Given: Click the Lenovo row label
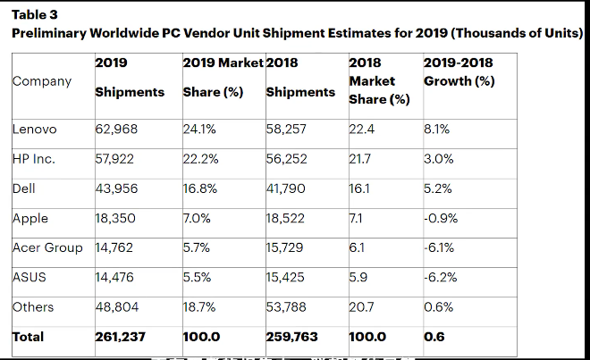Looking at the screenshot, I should click(34, 130).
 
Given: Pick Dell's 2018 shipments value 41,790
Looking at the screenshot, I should click(286, 188).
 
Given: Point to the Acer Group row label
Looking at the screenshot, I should click(47, 247).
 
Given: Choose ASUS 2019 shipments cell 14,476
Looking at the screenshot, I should click(117, 277).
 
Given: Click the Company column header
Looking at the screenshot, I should click(41, 81).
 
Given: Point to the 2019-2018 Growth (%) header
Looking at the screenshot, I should click(458, 72).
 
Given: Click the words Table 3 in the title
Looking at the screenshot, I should click(33, 15).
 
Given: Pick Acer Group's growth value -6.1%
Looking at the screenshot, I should click(439, 247).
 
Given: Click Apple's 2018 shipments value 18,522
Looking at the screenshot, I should click(286, 218).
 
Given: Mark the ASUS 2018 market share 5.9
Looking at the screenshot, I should click(358, 277).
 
